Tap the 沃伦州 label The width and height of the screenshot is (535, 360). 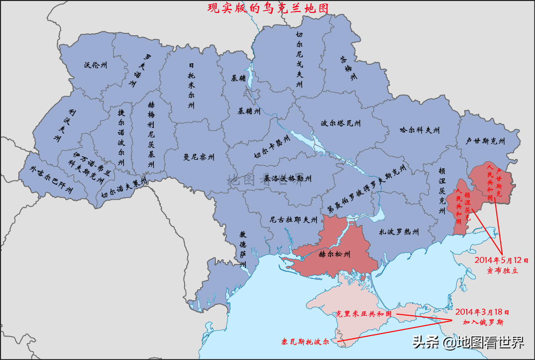[x=95, y=65]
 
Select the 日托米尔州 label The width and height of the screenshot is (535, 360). [x=191, y=85]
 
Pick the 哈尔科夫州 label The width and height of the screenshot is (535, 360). [x=420, y=130]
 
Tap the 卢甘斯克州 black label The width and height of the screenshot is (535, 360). [x=485, y=141]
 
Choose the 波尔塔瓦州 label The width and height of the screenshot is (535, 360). [x=341, y=123]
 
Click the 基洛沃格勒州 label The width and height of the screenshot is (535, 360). [x=287, y=178]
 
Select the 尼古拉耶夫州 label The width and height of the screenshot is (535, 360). [x=293, y=219]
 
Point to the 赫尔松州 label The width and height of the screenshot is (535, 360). [x=334, y=254]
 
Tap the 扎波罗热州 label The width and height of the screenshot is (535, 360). [x=399, y=232]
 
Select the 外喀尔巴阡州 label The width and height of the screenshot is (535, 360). [x=51, y=180]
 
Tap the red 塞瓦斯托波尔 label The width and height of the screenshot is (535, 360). [x=305, y=343]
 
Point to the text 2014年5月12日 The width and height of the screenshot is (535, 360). [x=502, y=260]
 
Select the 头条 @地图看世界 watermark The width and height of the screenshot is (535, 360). [x=468, y=343]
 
